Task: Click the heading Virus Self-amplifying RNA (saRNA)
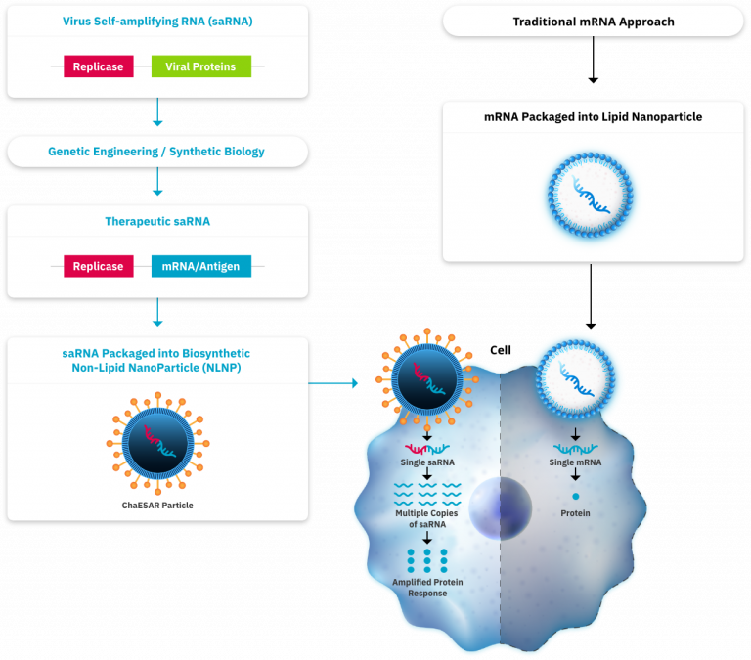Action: pos(157,21)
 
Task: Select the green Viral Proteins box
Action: pos(200,66)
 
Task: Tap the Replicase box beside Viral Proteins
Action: pos(98,66)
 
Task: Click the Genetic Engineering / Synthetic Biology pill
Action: pos(156,152)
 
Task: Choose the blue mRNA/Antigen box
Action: pos(200,266)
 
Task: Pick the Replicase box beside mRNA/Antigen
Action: pos(98,266)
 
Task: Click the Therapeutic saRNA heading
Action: pos(157,221)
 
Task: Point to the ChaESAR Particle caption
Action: pos(157,506)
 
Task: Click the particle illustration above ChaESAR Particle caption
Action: pos(157,441)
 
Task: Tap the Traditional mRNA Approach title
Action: pos(594,22)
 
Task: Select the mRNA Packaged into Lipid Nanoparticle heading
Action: pos(593,117)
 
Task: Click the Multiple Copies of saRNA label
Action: pos(427,518)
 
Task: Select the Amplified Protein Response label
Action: pos(427,587)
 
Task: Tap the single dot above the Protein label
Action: pos(575,497)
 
